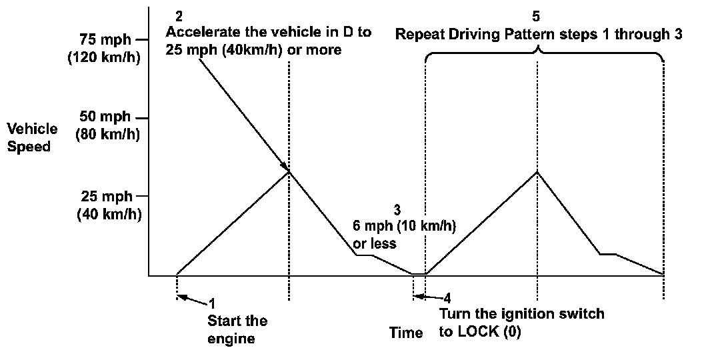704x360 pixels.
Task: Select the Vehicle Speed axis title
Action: point(32,137)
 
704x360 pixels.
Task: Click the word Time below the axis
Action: point(407,333)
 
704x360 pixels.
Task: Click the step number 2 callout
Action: point(177,15)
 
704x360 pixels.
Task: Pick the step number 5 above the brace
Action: point(537,15)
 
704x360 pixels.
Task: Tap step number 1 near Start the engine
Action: point(212,302)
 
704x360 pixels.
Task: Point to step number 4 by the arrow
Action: point(447,297)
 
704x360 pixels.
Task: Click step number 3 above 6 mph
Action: point(397,208)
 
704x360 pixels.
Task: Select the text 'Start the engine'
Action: point(237,329)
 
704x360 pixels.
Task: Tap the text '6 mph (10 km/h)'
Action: point(404,225)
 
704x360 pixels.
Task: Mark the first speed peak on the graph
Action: point(289,171)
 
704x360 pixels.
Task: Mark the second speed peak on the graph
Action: point(537,171)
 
